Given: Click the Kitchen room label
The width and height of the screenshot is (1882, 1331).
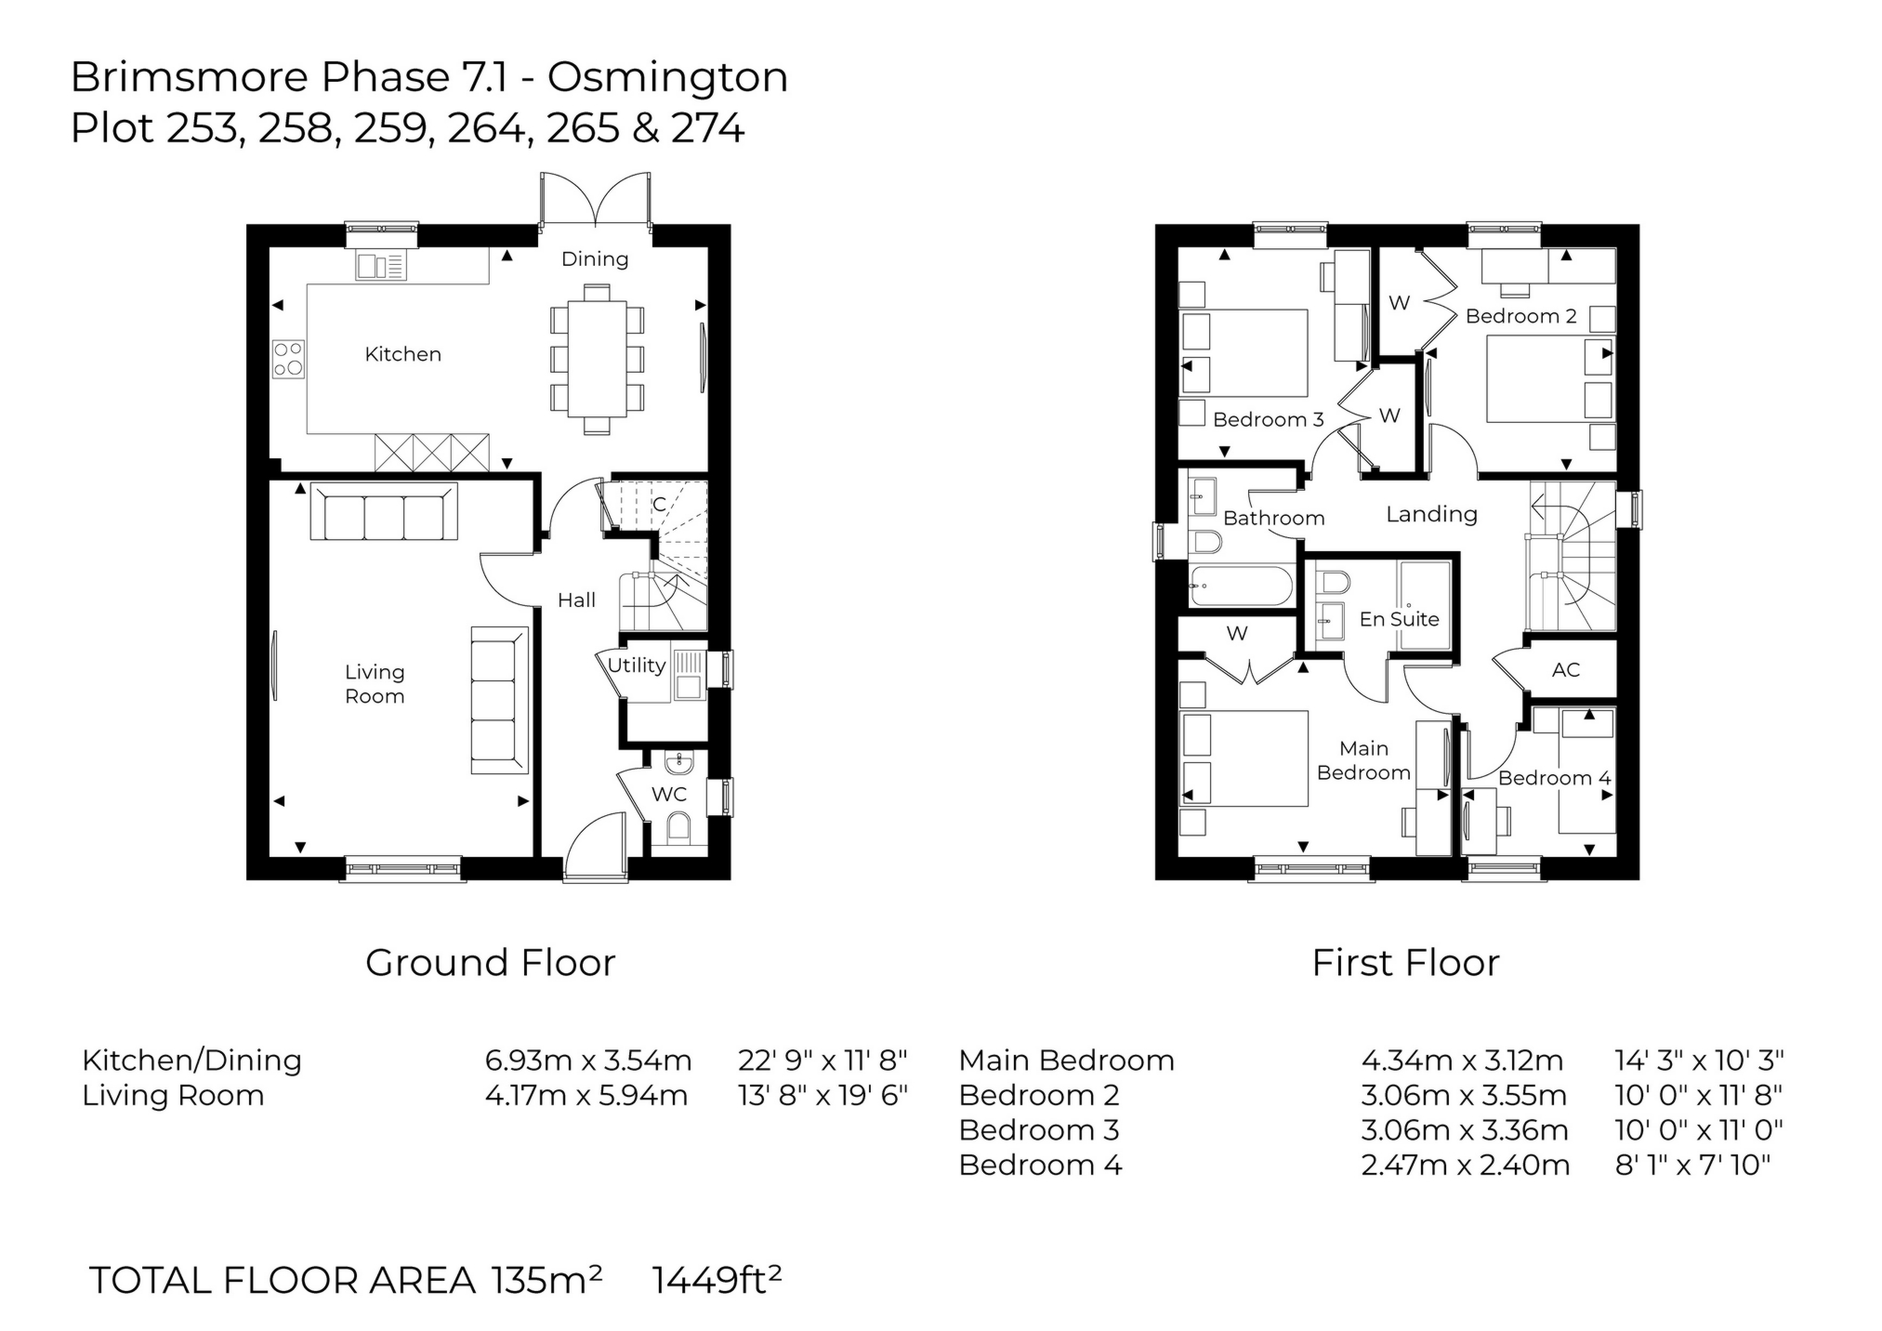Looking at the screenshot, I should click(x=402, y=354).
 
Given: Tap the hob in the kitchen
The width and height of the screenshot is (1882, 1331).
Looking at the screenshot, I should click(x=288, y=359).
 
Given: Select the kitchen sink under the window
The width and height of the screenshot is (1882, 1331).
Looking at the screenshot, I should click(x=381, y=266).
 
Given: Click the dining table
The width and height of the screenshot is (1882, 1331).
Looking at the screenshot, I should click(x=597, y=359).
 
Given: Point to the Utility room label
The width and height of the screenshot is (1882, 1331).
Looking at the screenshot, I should click(x=636, y=665).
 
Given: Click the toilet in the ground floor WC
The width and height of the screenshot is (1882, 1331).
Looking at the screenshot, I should click(x=679, y=826).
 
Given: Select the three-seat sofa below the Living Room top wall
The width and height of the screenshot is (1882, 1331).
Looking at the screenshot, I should click(x=383, y=512).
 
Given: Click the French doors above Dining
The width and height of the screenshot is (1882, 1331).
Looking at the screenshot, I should click(x=595, y=199).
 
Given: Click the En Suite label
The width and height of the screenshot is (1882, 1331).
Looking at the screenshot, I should click(x=1398, y=619).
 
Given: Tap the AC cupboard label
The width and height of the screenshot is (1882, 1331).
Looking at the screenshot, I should click(x=1565, y=670).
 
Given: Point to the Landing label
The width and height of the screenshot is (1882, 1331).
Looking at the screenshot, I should click(x=1431, y=514).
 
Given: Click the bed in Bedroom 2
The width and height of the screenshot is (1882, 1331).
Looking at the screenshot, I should click(x=1547, y=379).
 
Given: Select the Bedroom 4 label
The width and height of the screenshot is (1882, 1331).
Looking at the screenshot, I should click(x=1554, y=778).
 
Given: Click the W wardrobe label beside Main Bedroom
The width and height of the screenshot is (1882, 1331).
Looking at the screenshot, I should click(x=1236, y=634).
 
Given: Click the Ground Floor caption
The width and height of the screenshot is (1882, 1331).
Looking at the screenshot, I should click(x=490, y=963).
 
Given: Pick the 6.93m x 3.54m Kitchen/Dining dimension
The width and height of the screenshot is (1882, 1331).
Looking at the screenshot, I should click(x=587, y=1061).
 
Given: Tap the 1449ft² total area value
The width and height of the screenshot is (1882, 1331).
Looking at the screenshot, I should click(x=717, y=1281).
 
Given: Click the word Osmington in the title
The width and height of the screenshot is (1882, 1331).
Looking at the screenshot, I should click(x=667, y=76).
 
